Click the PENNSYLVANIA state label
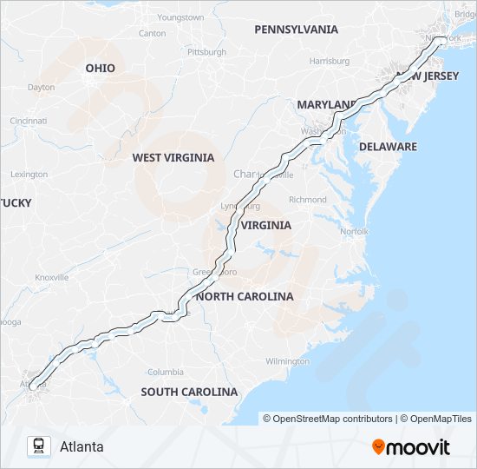tap(296, 30)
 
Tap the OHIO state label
tap(100, 68)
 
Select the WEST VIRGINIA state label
tap(173, 157)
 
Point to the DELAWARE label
tap(388, 147)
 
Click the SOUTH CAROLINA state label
tap(189, 392)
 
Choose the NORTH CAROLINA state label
tap(245, 296)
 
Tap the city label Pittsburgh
tap(206, 52)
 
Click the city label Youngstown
tap(180, 17)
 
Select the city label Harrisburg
tap(329, 62)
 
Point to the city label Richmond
tap(308, 200)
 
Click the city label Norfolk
tap(354, 232)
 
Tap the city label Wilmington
tap(287, 360)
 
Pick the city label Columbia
tap(165, 372)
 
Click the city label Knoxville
tap(51, 277)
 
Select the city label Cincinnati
tap(29, 121)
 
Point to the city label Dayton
tap(41, 87)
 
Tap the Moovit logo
tap(411, 447)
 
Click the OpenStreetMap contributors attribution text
tap(328, 419)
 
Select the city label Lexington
tap(29, 174)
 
